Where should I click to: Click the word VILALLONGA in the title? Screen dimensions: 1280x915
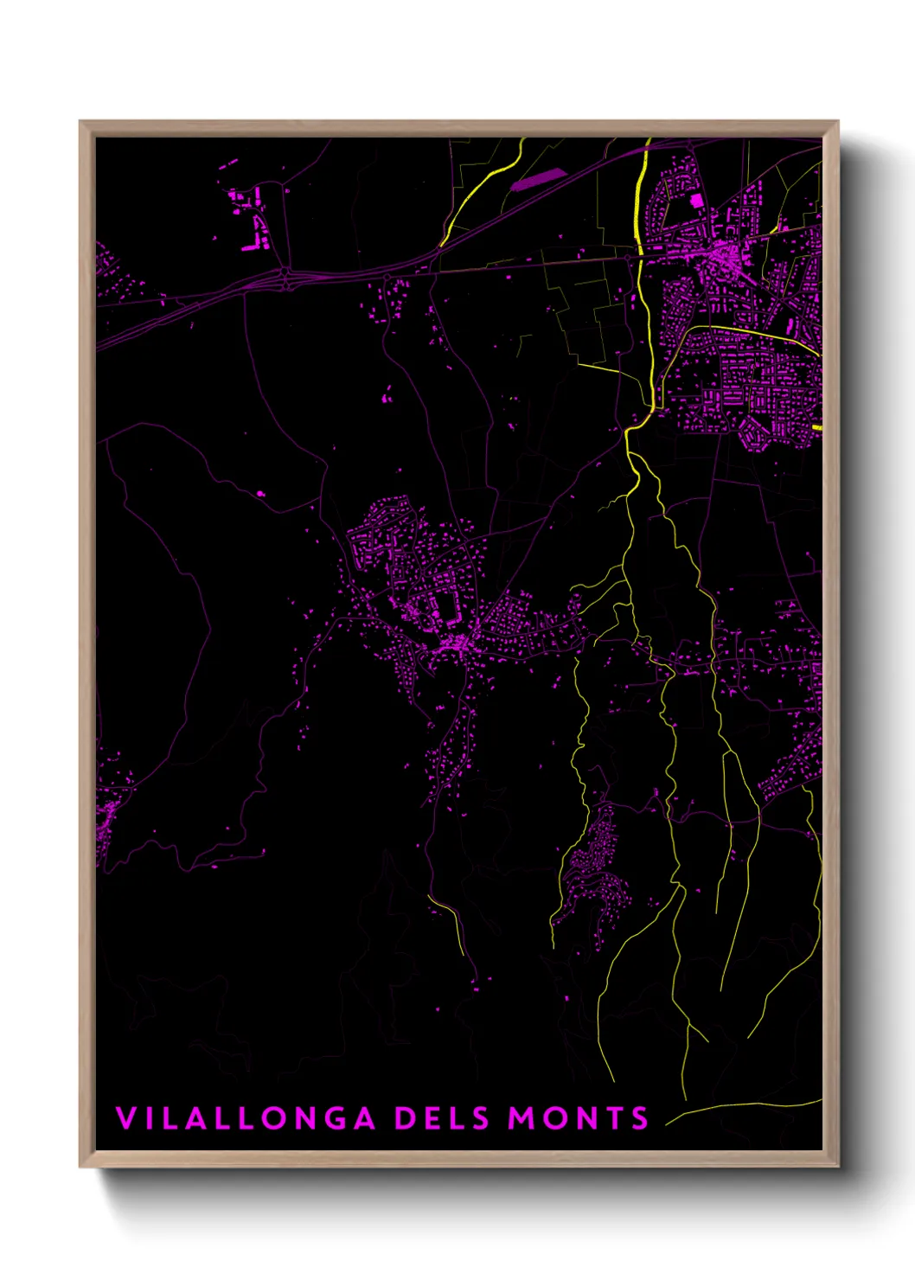pyautogui.click(x=246, y=1118)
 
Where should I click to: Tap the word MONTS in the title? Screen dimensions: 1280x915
pyautogui.click(x=578, y=1118)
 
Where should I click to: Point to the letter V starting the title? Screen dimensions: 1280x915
pyautogui.click(x=126, y=1118)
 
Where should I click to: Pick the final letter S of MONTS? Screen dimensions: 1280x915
pyautogui.click(x=640, y=1118)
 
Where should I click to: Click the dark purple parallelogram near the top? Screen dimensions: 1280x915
pyautogui.click(x=538, y=179)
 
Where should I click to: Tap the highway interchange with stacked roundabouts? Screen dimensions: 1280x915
pyautogui.click(x=286, y=277)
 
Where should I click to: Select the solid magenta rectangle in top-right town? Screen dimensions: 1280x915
pyautogui.click(x=696, y=201)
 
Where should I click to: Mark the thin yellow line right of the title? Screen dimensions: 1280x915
pyautogui.click(x=744, y=1107)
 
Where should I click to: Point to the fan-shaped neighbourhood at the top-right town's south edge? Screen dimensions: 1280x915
pyautogui.click(x=756, y=433)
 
